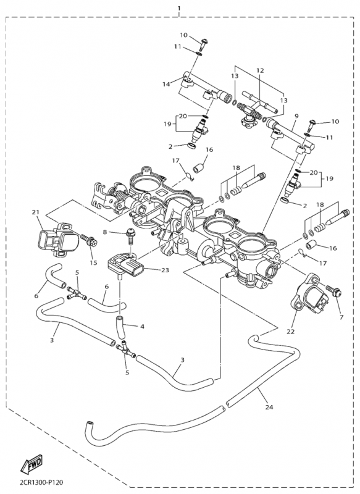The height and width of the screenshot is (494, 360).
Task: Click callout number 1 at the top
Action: click(178, 8)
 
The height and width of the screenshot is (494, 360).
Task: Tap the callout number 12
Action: click(260, 71)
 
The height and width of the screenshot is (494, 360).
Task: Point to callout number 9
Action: click(296, 115)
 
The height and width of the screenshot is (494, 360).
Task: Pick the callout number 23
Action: click(165, 270)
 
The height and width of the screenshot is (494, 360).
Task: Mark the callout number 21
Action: click(35, 212)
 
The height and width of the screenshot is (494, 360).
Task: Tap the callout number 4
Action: click(142, 326)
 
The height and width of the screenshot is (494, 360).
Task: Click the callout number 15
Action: click(93, 263)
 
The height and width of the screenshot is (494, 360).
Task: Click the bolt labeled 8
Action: click(131, 233)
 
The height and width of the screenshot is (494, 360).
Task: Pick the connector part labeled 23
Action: click(127, 267)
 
